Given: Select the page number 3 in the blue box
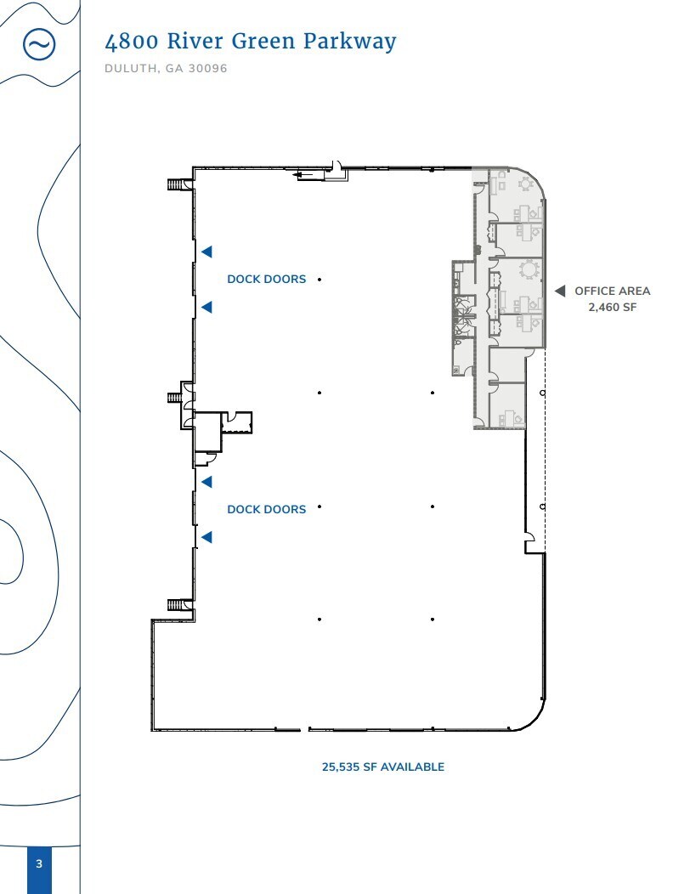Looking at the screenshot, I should pos(39,864).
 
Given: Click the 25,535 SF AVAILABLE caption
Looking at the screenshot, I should pos(382,767).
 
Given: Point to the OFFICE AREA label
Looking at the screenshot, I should pos(612,291).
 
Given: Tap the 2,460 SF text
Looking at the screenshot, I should pos(612,307).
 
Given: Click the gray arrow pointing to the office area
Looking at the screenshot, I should pos(560,291).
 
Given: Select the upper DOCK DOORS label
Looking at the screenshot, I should pos(266,279).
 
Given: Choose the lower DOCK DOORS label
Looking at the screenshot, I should pos(266,509).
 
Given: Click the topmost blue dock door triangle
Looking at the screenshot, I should pos(206,252).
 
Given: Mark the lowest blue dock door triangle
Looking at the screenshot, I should pos(206,537).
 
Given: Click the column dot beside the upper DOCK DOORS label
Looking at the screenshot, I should pos(320,279).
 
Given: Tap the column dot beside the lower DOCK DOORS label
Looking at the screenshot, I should pos(320,507).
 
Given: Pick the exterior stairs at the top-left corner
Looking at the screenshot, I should pos(177,184).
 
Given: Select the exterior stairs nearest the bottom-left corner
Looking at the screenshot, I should pos(177,604).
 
